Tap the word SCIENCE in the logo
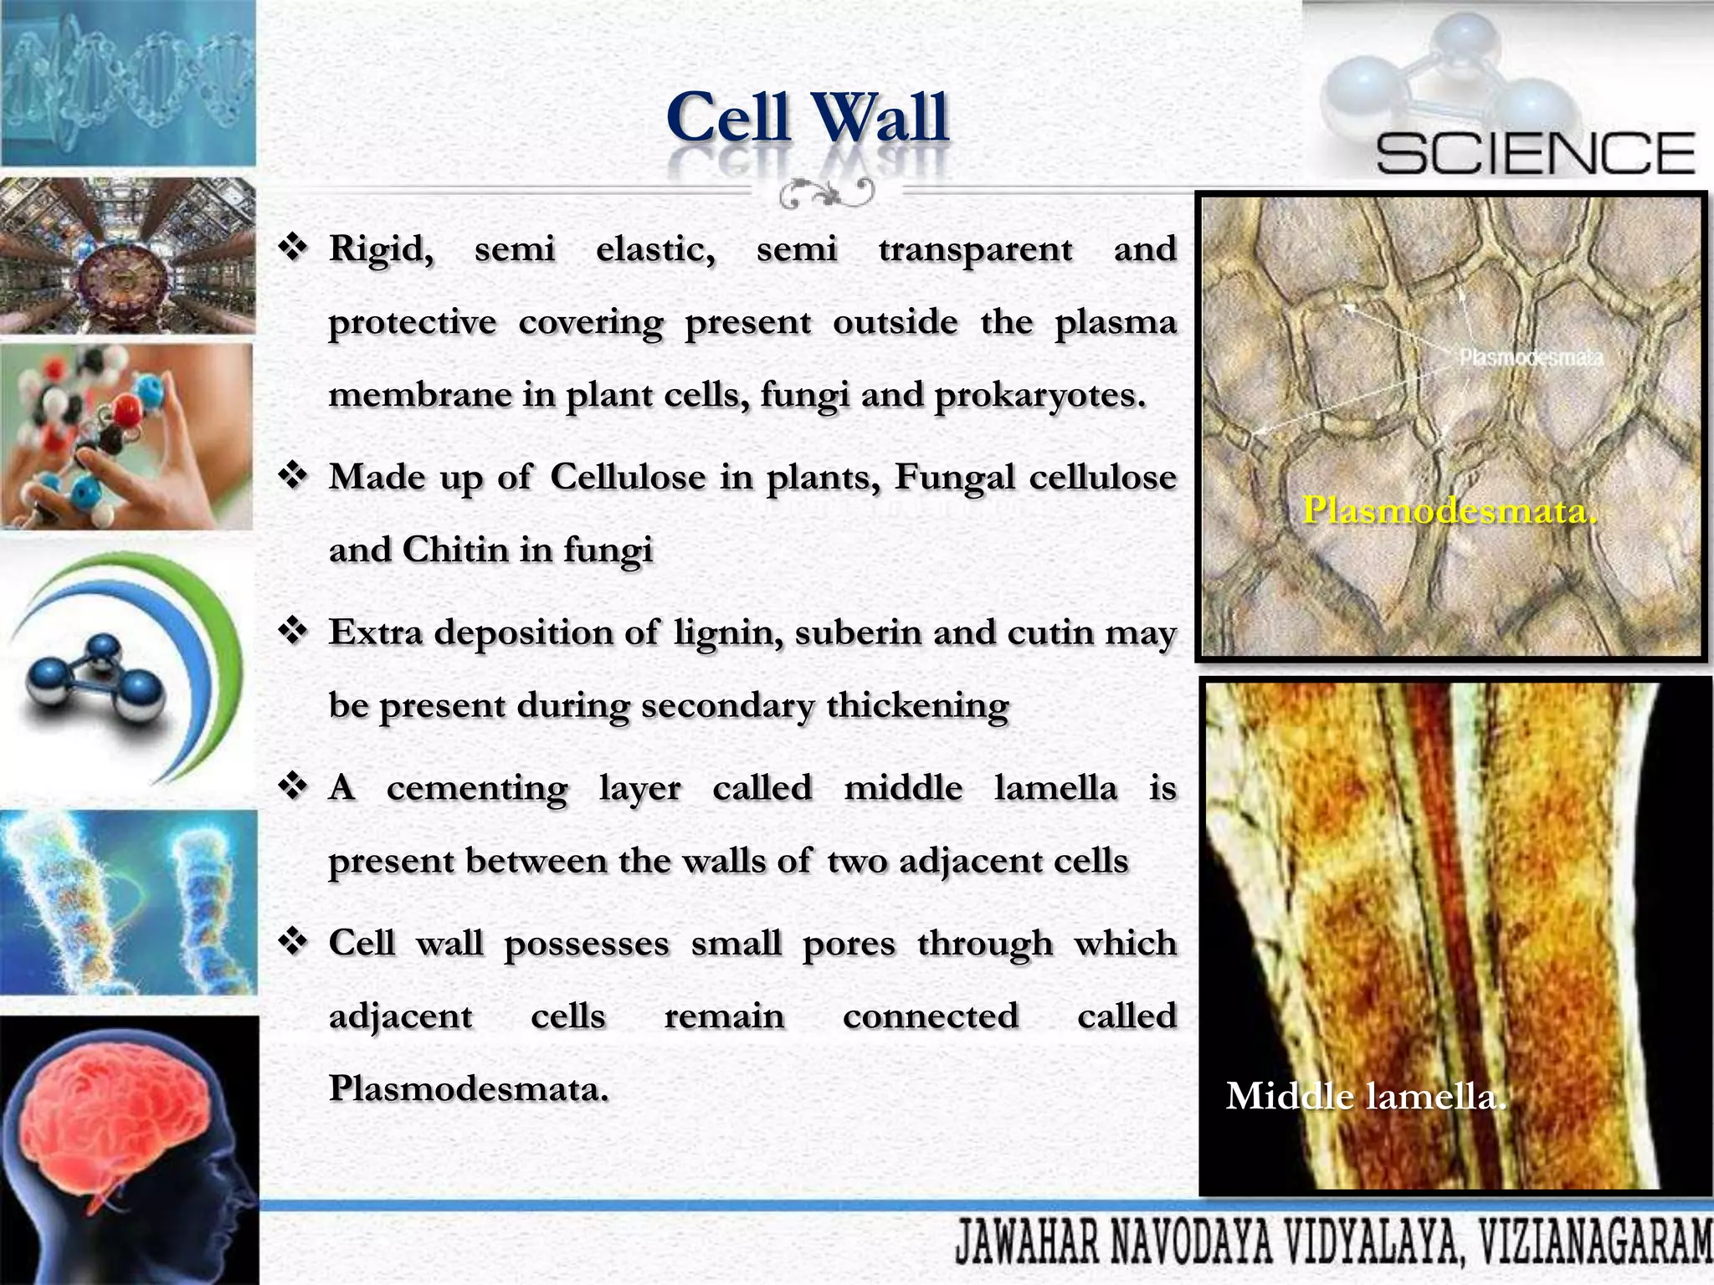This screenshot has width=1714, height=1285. click(x=1535, y=154)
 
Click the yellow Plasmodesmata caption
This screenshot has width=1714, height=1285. click(x=1450, y=510)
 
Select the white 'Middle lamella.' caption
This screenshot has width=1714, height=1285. click(x=1366, y=1096)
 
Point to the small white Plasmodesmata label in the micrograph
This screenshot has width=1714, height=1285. click(x=1531, y=358)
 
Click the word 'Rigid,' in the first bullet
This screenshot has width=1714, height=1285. click(x=381, y=249)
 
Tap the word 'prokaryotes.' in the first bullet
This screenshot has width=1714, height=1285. click(x=1039, y=395)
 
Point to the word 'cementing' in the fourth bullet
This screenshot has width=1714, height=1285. click(x=477, y=788)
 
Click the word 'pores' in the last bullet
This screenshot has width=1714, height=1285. click(x=849, y=944)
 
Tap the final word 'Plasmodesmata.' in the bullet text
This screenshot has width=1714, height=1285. click(x=469, y=1088)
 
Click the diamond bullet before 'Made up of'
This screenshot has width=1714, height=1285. click(x=294, y=477)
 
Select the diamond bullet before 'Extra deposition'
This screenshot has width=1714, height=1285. click(x=294, y=632)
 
